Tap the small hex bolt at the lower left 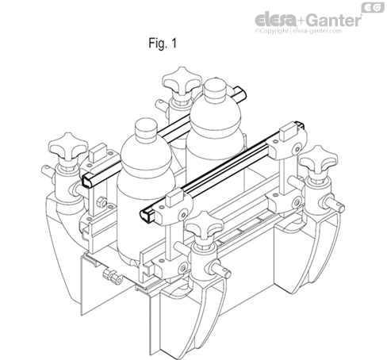click(113, 278)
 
